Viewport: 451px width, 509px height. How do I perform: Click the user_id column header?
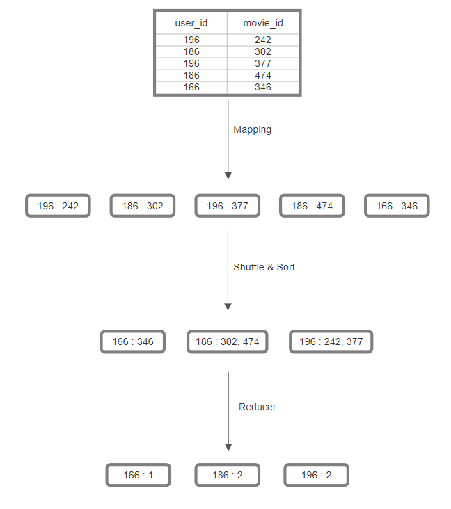191,23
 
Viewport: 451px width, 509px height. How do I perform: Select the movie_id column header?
262,23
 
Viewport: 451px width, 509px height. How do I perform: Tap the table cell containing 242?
262,40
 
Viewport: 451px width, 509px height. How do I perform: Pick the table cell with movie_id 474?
262,75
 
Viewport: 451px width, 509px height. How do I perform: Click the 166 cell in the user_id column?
191,87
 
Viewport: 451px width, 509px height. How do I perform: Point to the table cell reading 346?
262,87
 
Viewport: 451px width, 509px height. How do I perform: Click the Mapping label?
252,129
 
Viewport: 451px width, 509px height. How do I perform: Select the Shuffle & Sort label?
264,267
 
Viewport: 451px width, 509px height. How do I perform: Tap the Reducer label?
257,407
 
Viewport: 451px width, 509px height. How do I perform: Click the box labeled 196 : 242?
58,206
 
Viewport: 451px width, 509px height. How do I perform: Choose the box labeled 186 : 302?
143,206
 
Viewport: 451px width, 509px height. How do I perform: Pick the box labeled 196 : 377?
228,206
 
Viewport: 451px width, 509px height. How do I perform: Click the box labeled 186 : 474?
312,206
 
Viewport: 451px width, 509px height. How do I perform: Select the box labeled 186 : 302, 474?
228,341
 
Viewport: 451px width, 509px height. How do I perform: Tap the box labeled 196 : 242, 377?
331,341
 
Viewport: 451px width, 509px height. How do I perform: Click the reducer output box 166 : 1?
138,475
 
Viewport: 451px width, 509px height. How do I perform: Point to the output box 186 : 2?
227,475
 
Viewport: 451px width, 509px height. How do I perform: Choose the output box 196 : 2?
316,475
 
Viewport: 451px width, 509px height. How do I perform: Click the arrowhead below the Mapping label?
228,176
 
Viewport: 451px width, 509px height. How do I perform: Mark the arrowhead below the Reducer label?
228,447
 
